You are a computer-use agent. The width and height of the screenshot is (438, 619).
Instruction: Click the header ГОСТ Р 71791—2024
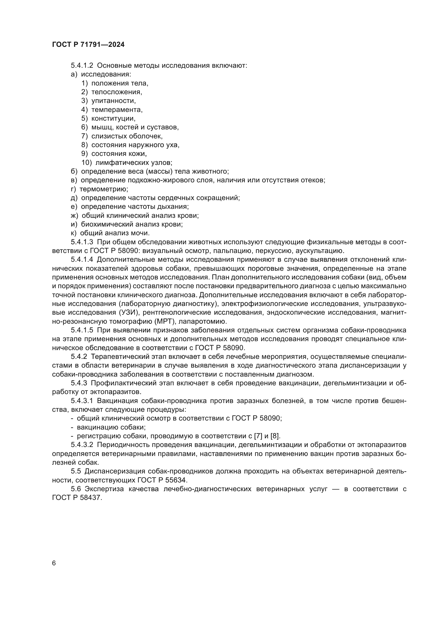(88, 45)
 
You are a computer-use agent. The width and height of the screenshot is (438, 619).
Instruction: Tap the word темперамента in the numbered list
(117, 110)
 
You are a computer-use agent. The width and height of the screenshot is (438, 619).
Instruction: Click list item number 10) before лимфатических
(87, 162)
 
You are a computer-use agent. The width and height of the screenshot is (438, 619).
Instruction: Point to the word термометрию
(104, 189)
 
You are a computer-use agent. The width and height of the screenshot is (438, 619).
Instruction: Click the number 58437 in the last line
(91, 498)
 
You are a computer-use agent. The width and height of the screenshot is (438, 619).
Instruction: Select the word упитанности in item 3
(113, 101)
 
